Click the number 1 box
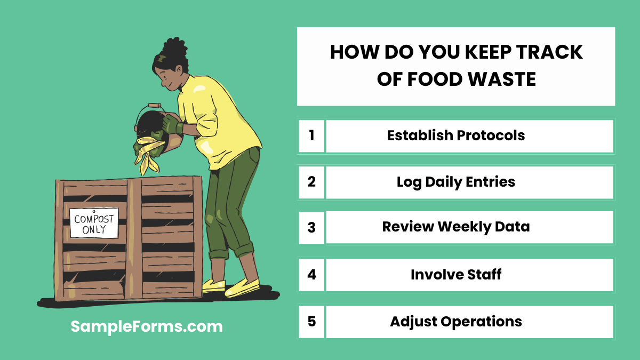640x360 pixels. coord(311,135)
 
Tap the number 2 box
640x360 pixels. coord(311,182)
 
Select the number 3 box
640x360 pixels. coord(311,228)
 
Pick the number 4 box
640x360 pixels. coord(311,275)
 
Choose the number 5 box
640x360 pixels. coord(311,322)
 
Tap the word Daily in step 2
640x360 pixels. coord(446,182)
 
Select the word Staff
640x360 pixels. coord(483,275)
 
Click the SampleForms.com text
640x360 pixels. coord(147,326)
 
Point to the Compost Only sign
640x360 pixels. coord(93,223)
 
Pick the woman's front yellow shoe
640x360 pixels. coord(243,288)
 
